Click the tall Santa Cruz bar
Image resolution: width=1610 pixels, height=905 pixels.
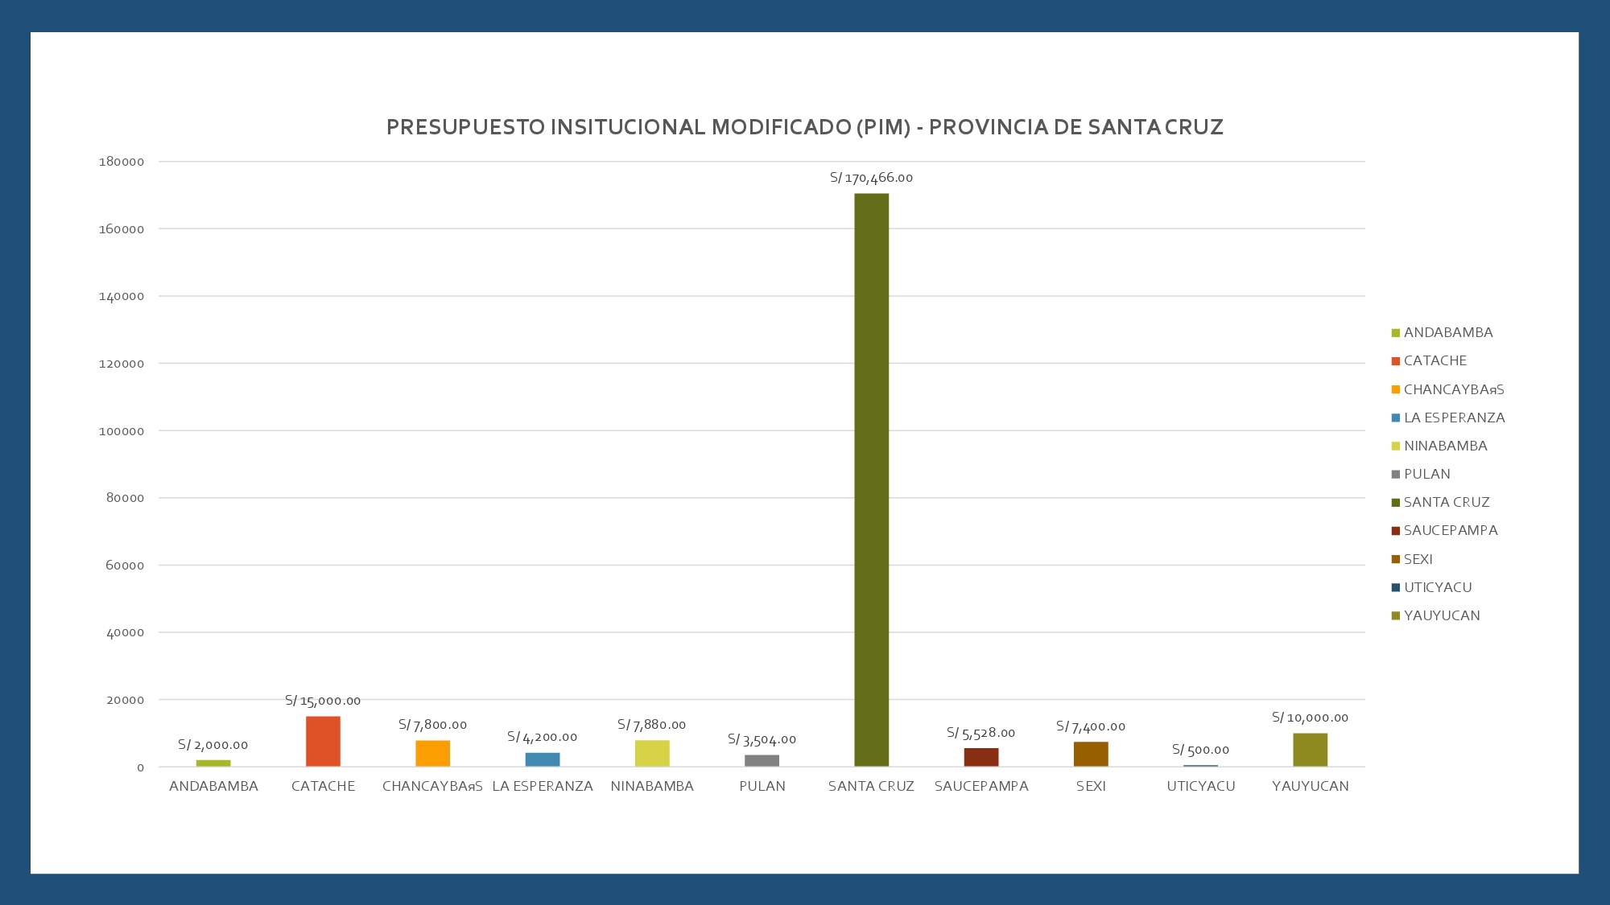click(x=871, y=479)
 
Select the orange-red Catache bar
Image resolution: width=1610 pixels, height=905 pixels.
click(x=323, y=741)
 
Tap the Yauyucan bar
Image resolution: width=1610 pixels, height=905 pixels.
click(x=1310, y=750)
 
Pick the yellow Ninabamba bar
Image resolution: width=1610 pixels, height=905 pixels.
click(x=652, y=753)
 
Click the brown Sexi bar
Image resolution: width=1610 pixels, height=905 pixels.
click(x=1091, y=754)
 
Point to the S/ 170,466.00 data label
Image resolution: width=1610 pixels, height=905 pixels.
click(x=871, y=178)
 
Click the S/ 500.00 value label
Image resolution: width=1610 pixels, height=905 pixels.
click(x=1200, y=750)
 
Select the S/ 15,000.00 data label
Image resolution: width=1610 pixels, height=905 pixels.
click(x=323, y=701)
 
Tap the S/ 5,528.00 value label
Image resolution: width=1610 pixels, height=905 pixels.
click(x=980, y=733)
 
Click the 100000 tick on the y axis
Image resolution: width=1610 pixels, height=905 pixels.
click(x=122, y=431)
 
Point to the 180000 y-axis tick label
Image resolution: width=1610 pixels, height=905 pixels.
click(x=122, y=162)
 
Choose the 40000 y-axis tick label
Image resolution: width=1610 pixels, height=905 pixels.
click(x=126, y=633)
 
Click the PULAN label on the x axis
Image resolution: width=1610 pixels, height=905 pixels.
click(x=762, y=786)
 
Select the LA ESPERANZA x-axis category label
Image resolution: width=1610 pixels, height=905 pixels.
click(x=543, y=786)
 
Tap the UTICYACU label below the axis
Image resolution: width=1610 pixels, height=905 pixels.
click(x=1200, y=786)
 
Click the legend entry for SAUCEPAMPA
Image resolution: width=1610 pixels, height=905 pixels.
click(x=1451, y=530)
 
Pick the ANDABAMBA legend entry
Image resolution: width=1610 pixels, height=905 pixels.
click(x=1448, y=332)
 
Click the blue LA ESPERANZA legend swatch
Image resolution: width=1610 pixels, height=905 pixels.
click(x=1395, y=418)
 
